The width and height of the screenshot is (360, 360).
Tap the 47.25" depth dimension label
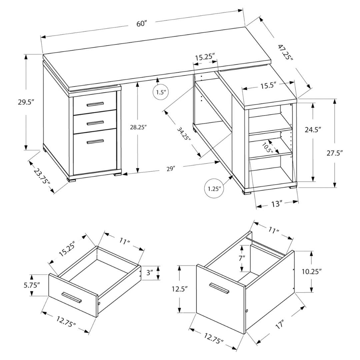coord(286,52)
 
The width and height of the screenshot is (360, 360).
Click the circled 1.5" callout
coord(160,92)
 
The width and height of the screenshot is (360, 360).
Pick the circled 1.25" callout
coord(214,189)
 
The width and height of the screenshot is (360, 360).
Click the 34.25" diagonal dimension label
coord(184,133)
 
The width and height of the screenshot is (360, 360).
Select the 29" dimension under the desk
coord(170,169)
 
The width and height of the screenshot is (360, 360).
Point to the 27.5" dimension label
coord(334,153)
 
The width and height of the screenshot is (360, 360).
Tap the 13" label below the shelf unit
coord(276,203)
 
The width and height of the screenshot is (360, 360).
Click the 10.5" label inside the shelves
coord(267,147)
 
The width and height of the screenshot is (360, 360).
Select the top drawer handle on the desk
coord(95,105)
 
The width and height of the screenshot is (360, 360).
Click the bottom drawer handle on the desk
coord(95,142)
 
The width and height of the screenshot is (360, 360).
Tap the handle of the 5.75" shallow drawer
coord(72,297)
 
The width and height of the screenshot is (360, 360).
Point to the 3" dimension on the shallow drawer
coord(150,272)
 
